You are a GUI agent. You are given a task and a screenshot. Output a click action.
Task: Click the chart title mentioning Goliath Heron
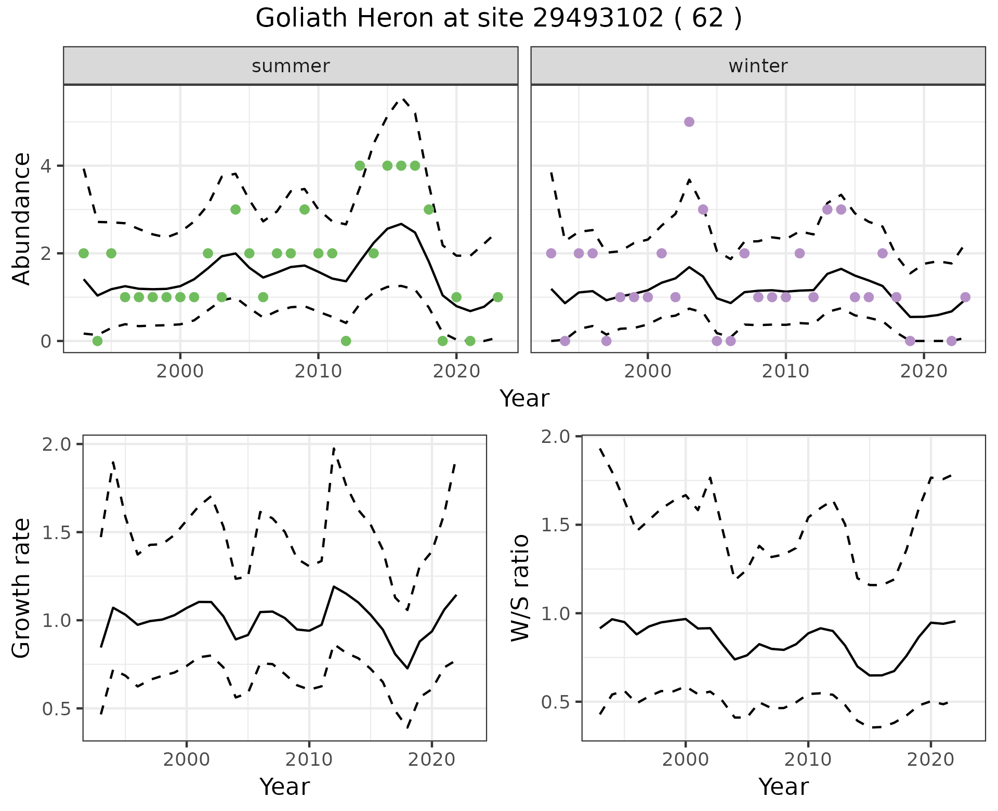coord(498,19)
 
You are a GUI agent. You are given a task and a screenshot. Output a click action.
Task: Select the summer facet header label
coord(291,66)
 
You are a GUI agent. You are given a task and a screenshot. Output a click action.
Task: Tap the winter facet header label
coord(758,66)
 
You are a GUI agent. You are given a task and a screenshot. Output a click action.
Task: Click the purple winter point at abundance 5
coord(689,122)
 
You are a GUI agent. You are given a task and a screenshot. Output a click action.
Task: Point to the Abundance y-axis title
coord(22,218)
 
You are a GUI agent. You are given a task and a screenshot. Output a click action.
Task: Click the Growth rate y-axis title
coord(22,588)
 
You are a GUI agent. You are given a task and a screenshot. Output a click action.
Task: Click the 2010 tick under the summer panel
coord(318,372)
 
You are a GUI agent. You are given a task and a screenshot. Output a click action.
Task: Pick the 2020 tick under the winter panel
coord(923,372)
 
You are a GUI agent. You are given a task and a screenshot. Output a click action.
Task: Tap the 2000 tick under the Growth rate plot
coord(187,760)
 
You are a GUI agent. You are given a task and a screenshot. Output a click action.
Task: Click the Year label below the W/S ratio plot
coord(783,787)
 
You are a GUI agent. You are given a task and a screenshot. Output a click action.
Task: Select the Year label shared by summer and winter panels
coord(524,399)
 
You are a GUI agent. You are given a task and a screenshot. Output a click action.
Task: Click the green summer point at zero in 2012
coord(346,341)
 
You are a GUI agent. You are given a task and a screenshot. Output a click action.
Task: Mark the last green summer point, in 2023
coord(497,297)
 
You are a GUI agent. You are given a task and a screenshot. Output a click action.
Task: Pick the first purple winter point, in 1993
coord(551,253)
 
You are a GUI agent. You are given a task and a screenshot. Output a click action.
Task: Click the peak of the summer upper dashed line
coord(402,99)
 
